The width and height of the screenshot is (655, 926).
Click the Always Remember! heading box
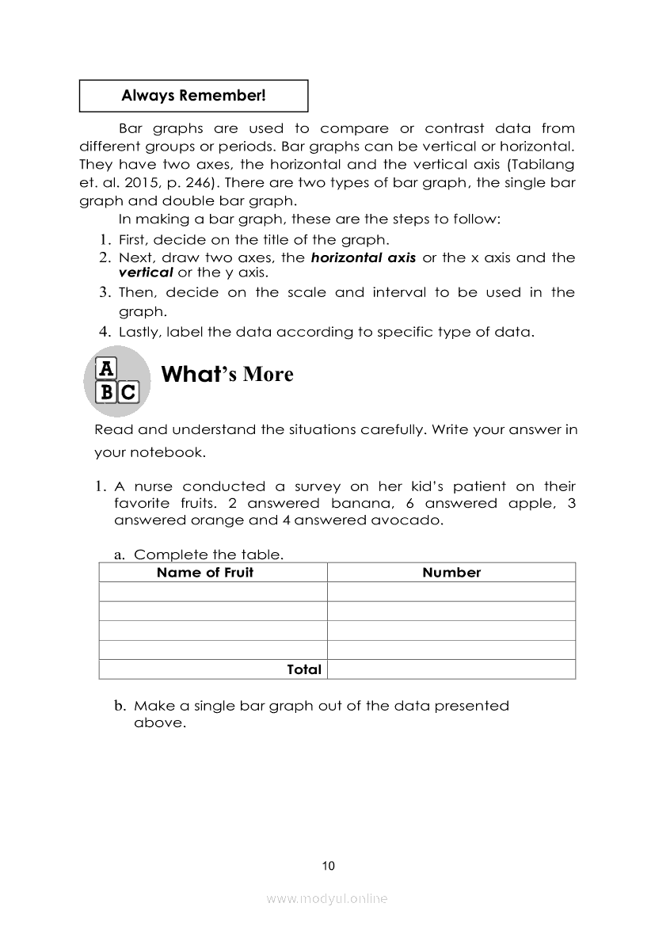(x=193, y=96)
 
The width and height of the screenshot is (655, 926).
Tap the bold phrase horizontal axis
(x=363, y=257)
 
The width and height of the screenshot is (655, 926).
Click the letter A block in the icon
(x=106, y=369)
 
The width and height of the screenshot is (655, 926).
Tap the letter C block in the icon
(x=128, y=391)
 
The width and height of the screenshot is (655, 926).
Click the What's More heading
(x=227, y=374)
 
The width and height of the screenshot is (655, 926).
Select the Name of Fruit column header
(x=205, y=573)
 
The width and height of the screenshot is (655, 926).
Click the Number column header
(x=451, y=573)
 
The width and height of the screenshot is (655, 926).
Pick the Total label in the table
(x=304, y=669)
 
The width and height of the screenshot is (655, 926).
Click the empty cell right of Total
(x=451, y=669)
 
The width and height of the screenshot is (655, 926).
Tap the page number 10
(x=329, y=866)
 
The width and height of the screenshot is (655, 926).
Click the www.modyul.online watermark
(x=327, y=898)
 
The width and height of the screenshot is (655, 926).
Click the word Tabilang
(x=542, y=165)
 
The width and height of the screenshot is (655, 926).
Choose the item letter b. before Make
(x=120, y=705)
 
